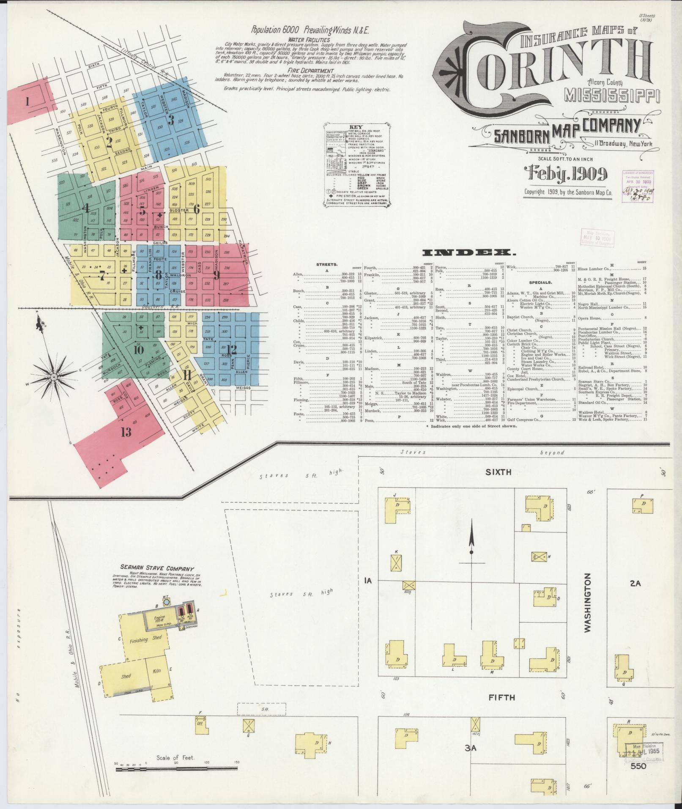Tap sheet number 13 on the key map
tap(126, 432)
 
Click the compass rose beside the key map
tap(54, 376)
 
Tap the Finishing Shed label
tap(139, 651)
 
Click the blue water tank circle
tap(166, 601)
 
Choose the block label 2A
tap(635, 584)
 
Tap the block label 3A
tap(471, 748)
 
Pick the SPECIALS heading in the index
tap(541, 282)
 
